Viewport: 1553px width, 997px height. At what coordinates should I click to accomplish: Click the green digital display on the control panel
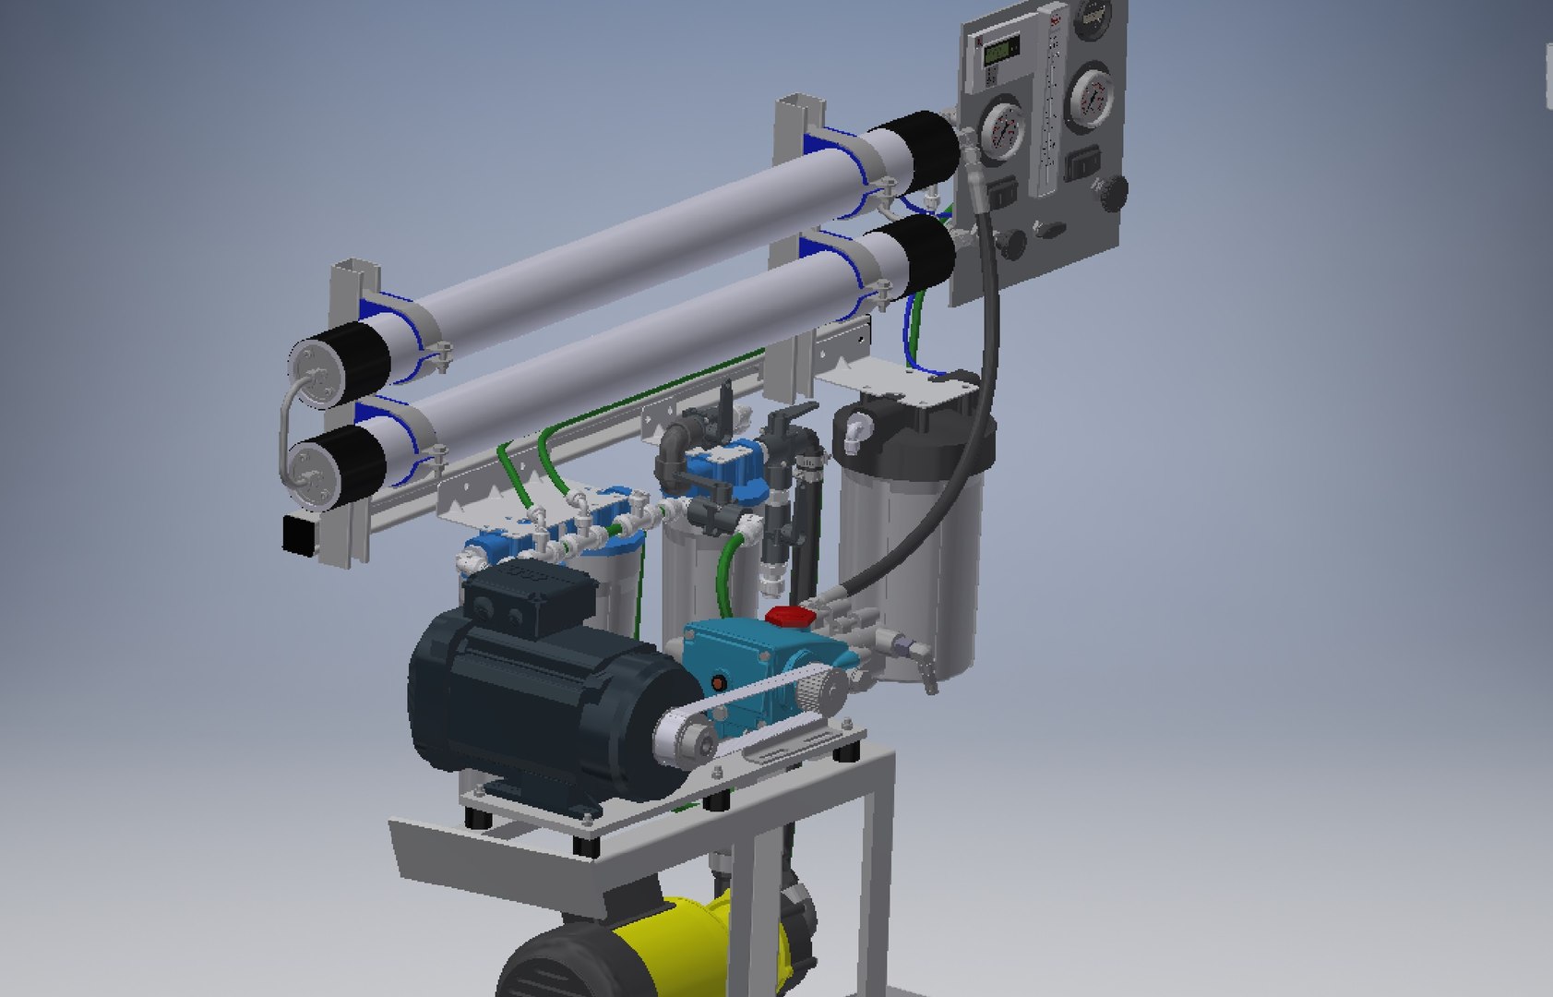[999, 52]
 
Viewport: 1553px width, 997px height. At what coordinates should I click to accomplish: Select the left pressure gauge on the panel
[1000, 131]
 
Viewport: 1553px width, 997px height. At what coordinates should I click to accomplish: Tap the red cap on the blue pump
[783, 615]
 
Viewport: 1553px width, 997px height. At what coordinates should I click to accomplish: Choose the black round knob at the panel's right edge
[1114, 192]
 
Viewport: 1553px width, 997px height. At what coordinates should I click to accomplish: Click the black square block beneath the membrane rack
[300, 535]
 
